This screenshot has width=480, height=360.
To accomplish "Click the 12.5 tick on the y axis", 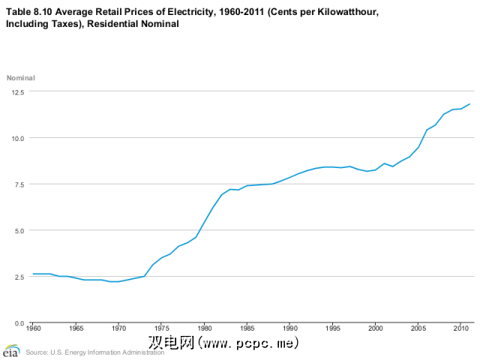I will click(x=17, y=91).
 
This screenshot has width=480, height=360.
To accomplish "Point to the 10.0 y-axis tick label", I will click(x=17, y=138).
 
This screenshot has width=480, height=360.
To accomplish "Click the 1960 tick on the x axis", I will click(x=33, y=329).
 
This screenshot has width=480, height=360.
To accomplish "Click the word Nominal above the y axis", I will click(x=21, y=78).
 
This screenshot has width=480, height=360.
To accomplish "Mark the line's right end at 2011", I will click(x=469, y=104).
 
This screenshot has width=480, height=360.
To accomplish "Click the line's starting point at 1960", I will click(x=33, y=274).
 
